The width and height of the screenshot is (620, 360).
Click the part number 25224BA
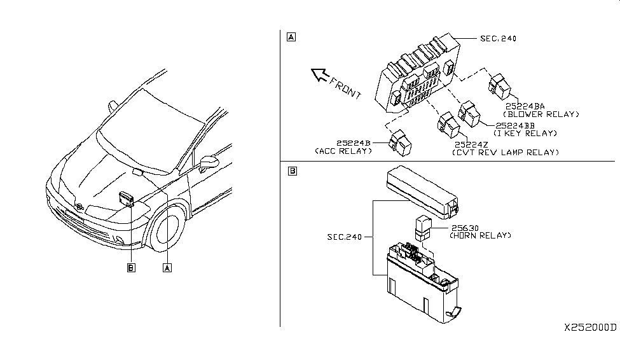[525, 106]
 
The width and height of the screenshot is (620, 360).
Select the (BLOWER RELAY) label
[541, 114]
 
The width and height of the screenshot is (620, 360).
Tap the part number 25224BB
[515, 125]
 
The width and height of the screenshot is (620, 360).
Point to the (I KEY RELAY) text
[525, 134]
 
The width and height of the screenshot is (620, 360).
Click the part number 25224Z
[471, 145]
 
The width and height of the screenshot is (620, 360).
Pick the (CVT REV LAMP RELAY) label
[506, 152]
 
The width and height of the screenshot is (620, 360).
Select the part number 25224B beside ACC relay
[354, 143]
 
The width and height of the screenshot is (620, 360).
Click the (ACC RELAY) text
[343, 151]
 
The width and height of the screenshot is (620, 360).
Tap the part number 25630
[465, 228]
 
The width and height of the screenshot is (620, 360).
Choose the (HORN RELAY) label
[481, 235]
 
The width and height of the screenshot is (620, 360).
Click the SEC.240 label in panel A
[498, 38]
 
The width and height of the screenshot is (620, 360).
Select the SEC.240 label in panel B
[345, 237]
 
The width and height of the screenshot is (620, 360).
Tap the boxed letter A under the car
[167, 268]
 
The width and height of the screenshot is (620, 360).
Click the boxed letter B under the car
[131, 268]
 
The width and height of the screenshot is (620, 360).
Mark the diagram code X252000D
[590, 328]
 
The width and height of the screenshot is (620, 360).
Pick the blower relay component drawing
[499, 87]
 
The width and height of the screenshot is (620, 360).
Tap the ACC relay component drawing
[400, 143]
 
